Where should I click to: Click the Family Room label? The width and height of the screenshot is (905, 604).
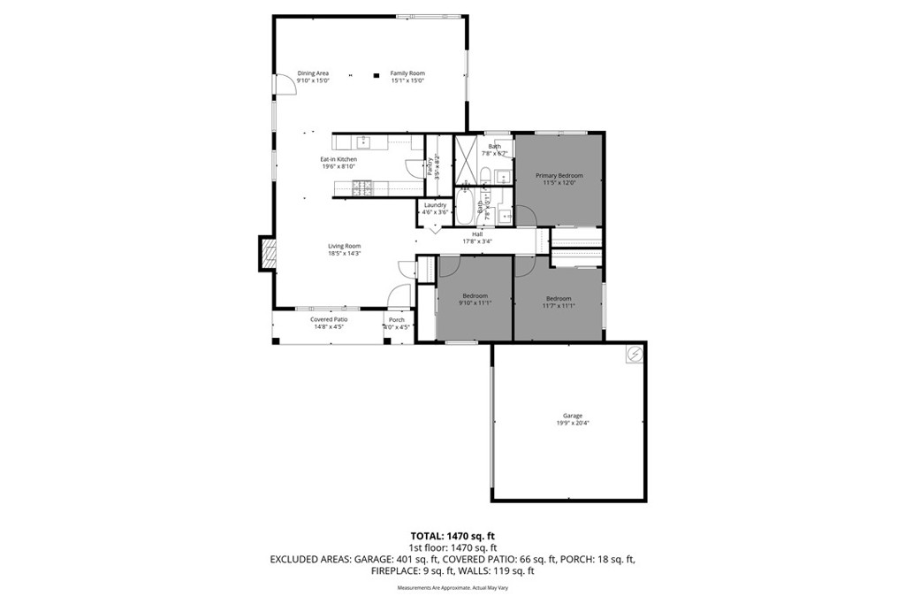[x=407, y=73]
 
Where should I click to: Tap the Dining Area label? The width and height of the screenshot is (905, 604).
[x=313, y=73]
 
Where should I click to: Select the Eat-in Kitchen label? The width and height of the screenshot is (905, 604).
[x=338, y=159]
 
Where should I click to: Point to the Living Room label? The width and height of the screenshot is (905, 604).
[x=344, y=246]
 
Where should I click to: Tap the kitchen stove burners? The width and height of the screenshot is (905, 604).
[x=362, y=187]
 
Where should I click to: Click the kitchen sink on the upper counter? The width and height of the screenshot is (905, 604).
[x=362, y=141]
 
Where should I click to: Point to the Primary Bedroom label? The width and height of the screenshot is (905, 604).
[x=559, y=176]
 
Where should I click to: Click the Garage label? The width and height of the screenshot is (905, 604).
[x=573, y=416]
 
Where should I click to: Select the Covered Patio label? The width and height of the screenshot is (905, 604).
[x=327, y=319]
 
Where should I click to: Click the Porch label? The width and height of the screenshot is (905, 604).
[x=397, y=319]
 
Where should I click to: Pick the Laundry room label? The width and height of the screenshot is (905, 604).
[x=435, y=205]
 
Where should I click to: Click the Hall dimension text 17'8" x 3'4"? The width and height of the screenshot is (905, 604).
[x=477, y=241]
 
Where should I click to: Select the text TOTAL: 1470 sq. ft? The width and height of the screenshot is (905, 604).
[x=452, y=536]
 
